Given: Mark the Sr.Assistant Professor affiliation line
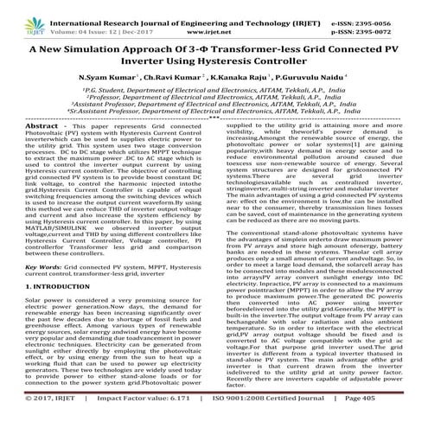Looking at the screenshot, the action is point(214,113).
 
